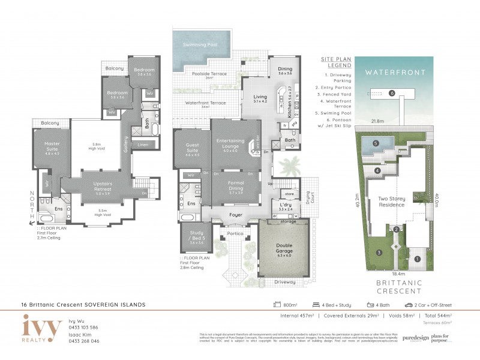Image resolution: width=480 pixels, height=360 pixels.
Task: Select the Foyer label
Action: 235,214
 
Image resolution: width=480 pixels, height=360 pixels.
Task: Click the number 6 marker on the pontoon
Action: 391,93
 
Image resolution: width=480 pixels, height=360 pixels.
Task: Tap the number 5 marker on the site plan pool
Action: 375,143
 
